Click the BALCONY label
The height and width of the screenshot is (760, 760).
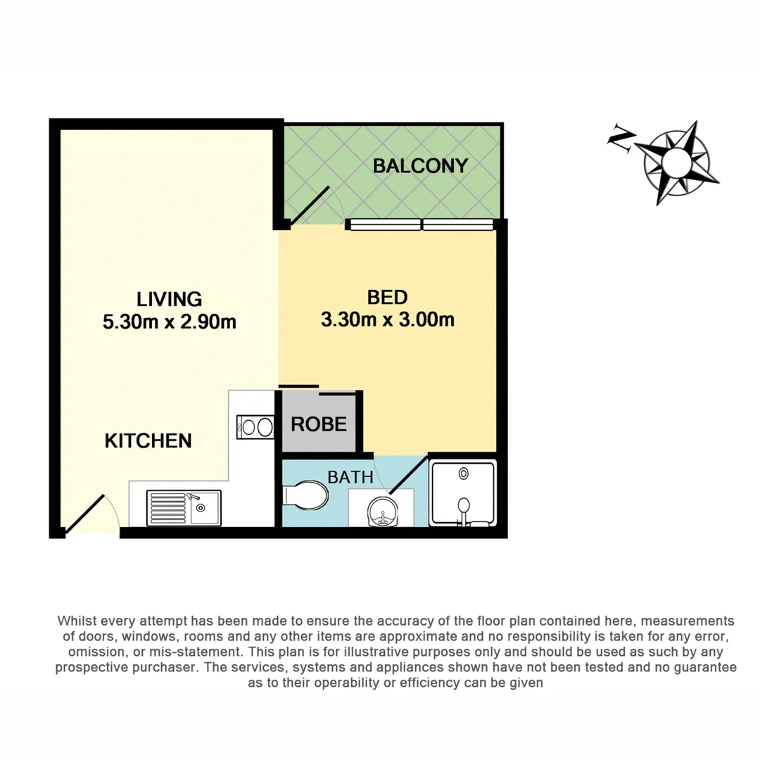(x=420, y=166)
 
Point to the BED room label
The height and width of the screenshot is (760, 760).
(x=387, y=297)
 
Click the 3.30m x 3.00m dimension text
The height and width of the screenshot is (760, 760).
(x=387, y=320)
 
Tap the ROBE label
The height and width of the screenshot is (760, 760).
(x=319, y=424)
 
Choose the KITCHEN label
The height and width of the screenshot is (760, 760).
(x=148, y=441)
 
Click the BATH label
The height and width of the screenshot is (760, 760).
(x=350, y=476)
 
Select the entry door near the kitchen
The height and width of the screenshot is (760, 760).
(x=86, y=512)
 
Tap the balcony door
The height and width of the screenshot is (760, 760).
(x=310, y=205)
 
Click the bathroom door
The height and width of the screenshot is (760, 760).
(x=407, y=475)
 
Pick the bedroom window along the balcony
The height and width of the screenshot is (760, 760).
(x=419, y=224)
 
